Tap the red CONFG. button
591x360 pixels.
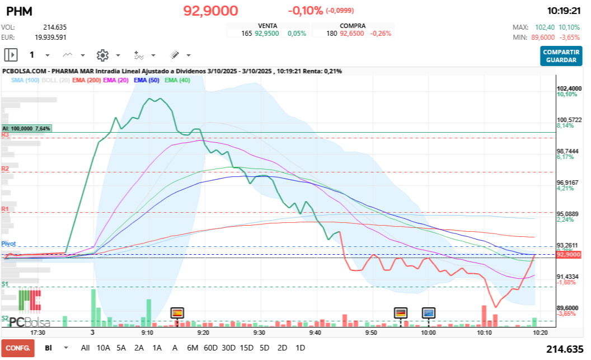(17, 348)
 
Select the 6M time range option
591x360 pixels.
(193, 348)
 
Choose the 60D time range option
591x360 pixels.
(210, 348)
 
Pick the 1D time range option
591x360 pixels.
(300, 348)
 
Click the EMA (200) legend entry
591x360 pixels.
(86, 81)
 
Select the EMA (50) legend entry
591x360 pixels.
(146, 81)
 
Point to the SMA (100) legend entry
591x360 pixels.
(25, 81)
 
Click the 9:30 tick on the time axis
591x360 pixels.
(259, 332)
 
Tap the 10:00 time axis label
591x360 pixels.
(428, 332)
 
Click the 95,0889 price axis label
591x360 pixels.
(568, 214)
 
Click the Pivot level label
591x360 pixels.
(8, 244)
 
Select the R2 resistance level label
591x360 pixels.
(6, 169)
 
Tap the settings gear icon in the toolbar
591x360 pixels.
(102, 55)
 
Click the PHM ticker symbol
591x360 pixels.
(18, 11)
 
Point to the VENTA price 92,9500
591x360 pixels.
(266, 33)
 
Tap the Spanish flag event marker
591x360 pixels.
(177, 312)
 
